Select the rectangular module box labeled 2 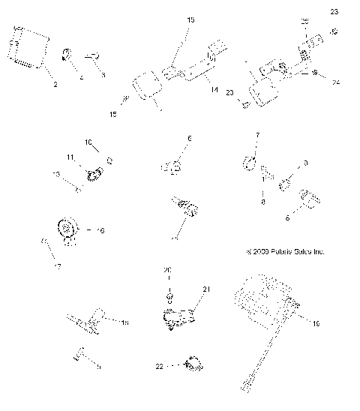pyautogui.click(x=28, y=47)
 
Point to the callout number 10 pyautogui.click(x=88, y=142)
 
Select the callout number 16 pyautogui.click(x=101, y=230)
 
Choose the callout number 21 pyautogui.click(x=208, y=288)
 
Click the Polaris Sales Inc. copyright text pyautogui.click(x=282, y=252)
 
